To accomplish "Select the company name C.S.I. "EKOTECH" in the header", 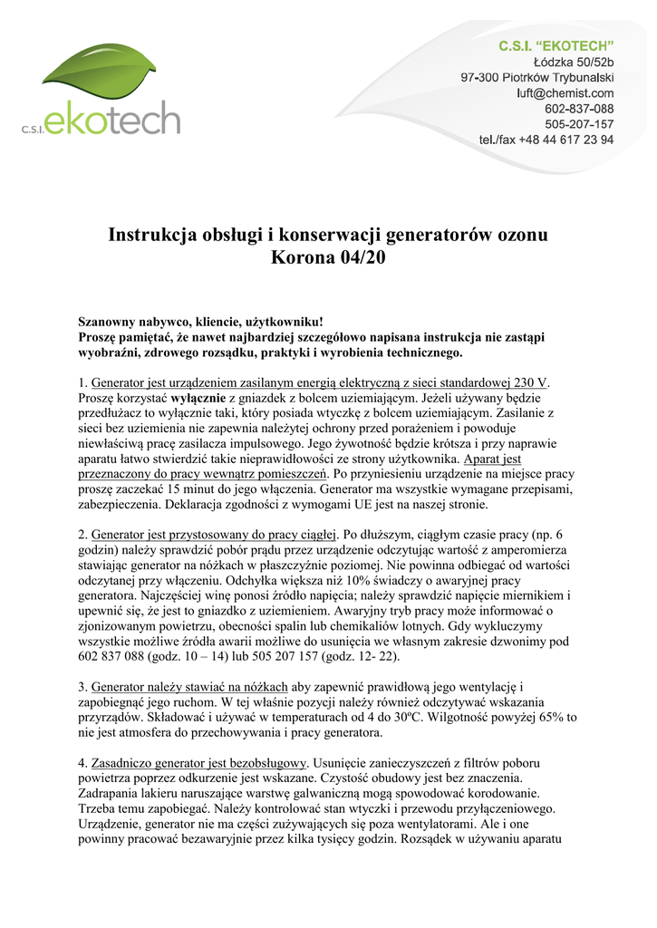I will (x=556, y=45).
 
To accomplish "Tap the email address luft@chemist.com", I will (x=565, y=92).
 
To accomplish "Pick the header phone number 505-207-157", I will (x=579, y=124).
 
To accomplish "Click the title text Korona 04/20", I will (x=328, y=256).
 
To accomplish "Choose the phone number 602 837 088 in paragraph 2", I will (x=119, y=656).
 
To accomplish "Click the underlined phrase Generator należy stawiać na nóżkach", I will (x=190, y=687).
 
